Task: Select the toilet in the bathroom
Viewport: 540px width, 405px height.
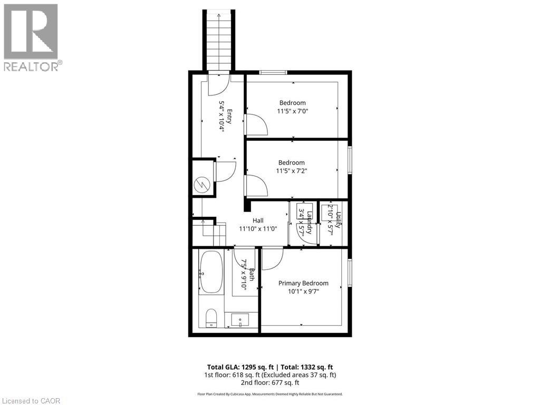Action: pyautogui.click(x=210, y=317)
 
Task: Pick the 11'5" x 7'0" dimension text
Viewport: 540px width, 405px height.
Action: pyautogui.click(x=292, y=111)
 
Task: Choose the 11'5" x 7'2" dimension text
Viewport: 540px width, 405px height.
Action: pyautogui.click(x=292, y=171)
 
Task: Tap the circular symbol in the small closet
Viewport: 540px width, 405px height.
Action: pyautogui.click(x=202, y=185)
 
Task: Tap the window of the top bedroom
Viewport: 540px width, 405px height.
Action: pyautogui.click(x=273, y=72)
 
